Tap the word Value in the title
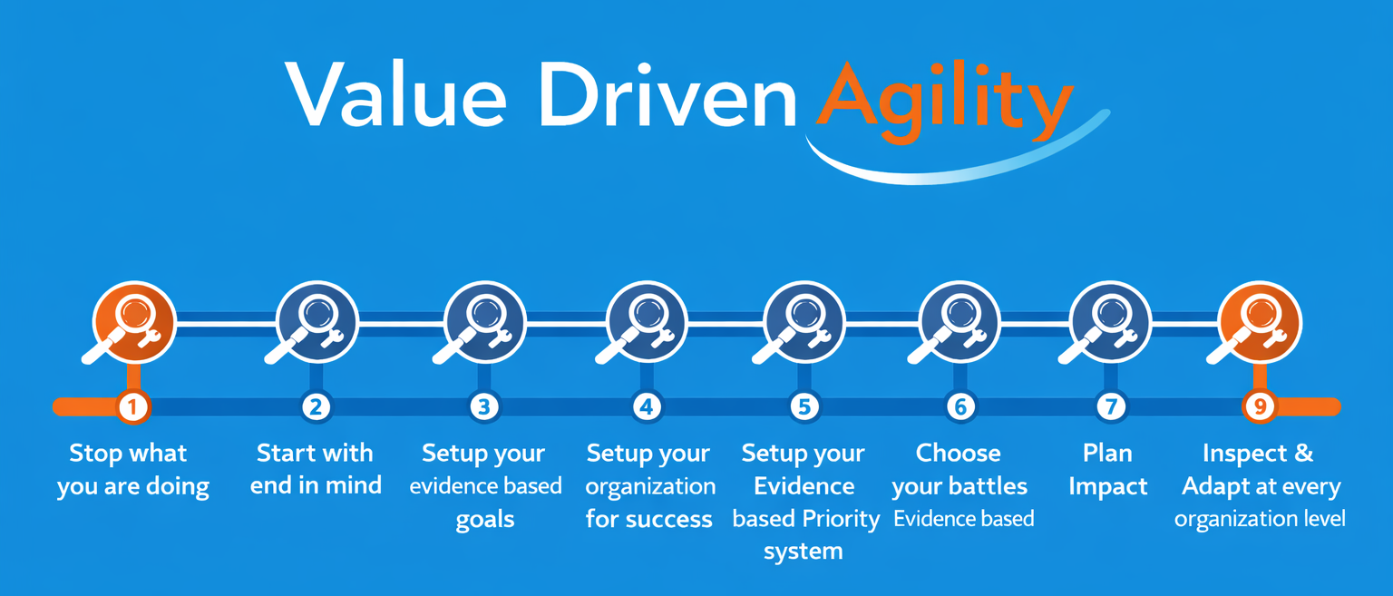point(396,94)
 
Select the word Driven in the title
point(667,94)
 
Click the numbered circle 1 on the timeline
point(132,407)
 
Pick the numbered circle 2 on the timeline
point(316,407)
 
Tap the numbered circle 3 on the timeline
point(483,407)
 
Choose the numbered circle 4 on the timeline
point(647,407)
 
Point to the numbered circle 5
point(804,407)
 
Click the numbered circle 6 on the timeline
point(960,407)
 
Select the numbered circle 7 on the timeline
point(1111,407)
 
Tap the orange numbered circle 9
point(1260,407)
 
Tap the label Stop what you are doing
point(132,470)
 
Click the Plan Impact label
point(1107,469)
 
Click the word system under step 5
point(804,552)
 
